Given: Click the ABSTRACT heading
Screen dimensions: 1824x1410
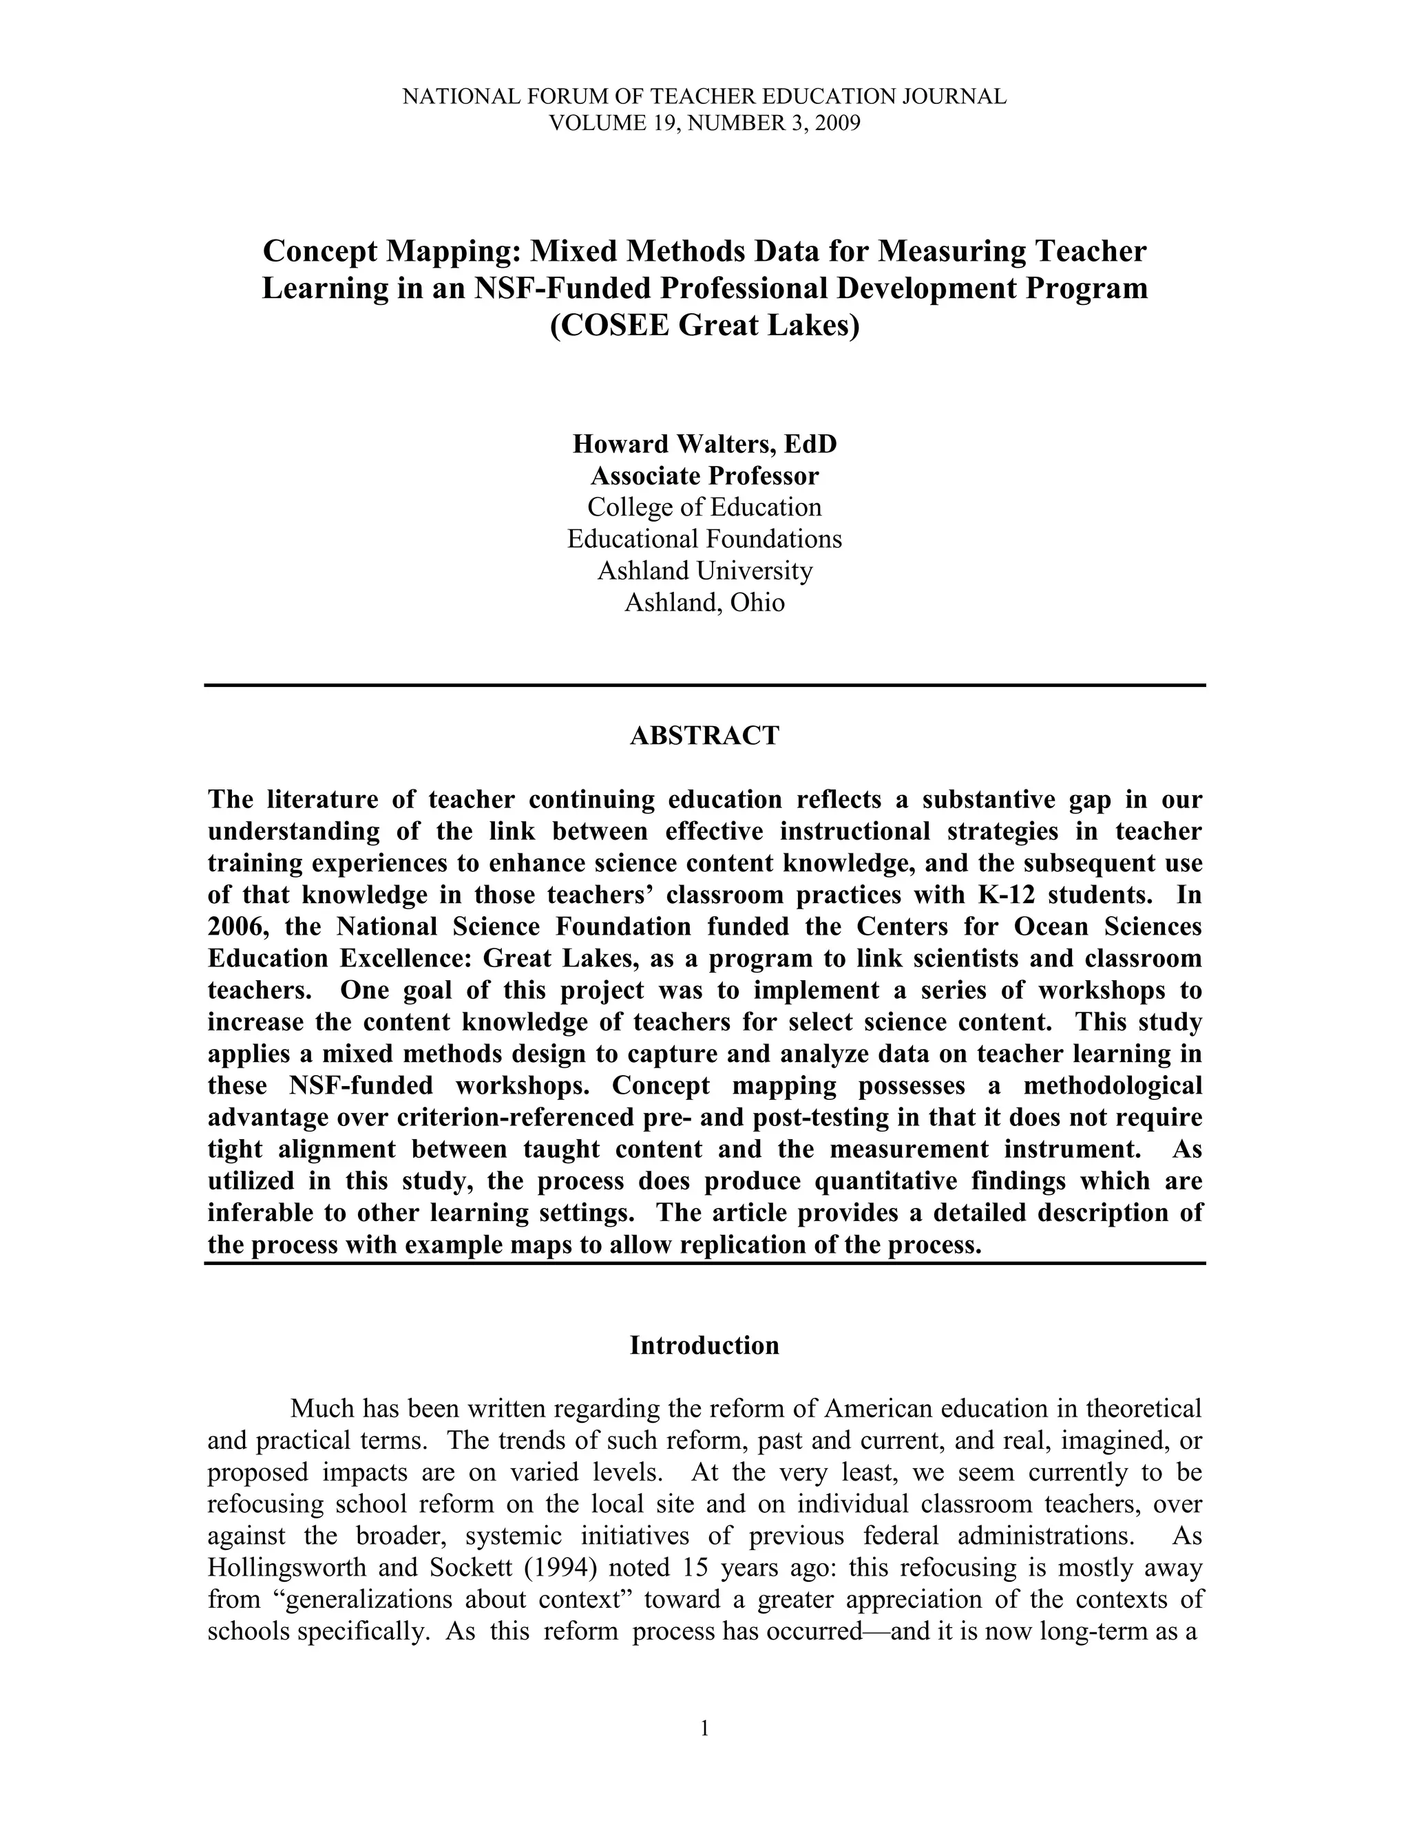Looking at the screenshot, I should click(704, 736).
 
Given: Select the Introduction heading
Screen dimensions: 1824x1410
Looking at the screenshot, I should click(704, 1346).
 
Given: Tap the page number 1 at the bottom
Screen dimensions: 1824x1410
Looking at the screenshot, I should click(704, 1729).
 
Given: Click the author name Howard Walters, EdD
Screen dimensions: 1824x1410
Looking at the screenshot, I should click(704, 445).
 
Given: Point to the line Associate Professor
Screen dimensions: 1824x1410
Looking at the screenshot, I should click(704, 476).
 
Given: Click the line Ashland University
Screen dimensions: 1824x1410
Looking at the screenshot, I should click(704, 571).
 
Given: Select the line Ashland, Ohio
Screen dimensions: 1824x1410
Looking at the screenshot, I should click(704, 603).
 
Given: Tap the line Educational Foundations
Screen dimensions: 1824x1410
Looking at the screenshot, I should click(704, 540).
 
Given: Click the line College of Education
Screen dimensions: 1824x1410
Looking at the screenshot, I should click(704, 508).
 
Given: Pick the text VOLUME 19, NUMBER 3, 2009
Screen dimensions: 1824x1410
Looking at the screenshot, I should click(704, 124).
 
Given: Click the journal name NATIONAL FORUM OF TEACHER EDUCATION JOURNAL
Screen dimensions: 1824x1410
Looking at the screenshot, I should click(704, 97).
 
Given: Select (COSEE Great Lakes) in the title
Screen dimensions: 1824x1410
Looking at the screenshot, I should click(704, 326).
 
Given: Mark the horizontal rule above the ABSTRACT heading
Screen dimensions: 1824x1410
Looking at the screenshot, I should click(704, 685).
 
